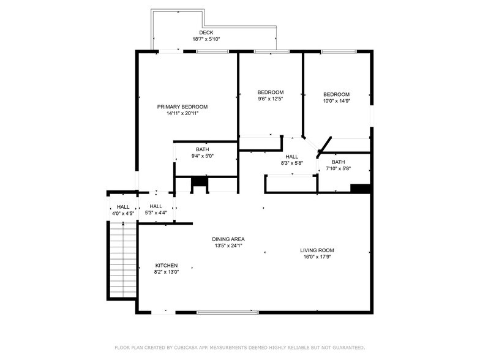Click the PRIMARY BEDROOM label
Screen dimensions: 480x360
pyautogui.click(x=182, y=107)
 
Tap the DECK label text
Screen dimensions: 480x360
pyautogui.click(x=206, y=32)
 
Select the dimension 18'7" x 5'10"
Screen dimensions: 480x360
pyautogui.click(x=206, y=39)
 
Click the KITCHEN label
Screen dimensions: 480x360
pyautogui.click(x=167, y=266)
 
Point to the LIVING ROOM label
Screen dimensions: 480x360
pyautogui.click(x=317, y=250)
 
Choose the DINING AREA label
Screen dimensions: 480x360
pyautogui.click(x=228, y=239)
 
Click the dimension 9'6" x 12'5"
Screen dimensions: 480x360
pyautogui.click(x=271, y=99)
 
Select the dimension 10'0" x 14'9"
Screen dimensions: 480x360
pyautogui.click(x=337, y=101)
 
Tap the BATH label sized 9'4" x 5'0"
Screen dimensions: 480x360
pyautogui.click(x=202, y=149)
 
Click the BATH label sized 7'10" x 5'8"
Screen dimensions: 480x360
pyautogui.click(x=338, y=162)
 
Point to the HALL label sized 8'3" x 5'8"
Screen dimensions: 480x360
pyautogui.click(x=291, y=157)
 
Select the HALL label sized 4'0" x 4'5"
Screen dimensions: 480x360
pyautogui.click(x=123, y=207)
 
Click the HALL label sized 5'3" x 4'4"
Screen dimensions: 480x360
pyautogui.click(x=156, y=206)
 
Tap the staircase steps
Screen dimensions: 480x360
pyautogui.click(x=123, y=260)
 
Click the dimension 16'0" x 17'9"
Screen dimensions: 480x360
pyautogui.click(x=317, y=257)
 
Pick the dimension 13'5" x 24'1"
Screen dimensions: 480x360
pyautogui.click(x=228, y=246)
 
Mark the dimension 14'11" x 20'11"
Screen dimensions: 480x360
pyautogui.click(x=182, y=113)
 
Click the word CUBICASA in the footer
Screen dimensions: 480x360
pyautogui.click(x=187, y=348)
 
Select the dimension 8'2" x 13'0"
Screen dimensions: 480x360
pyautogui.click(x=167, y=272)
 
